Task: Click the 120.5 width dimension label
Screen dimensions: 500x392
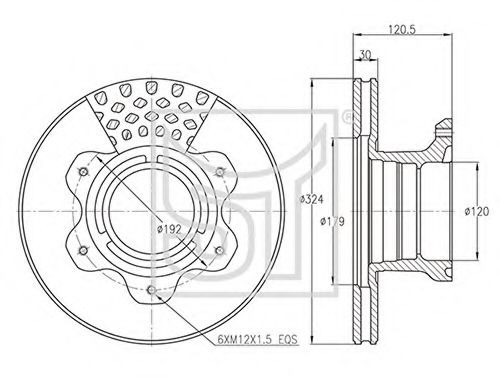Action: coord(402,29)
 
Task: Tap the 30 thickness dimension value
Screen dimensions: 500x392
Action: coord(366,55)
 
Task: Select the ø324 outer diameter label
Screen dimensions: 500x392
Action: coord(311,199)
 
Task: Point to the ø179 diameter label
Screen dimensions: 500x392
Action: coord(332,221)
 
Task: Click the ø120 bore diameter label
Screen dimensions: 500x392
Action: coord(477,211)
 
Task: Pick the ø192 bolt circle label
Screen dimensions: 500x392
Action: coord(170,229)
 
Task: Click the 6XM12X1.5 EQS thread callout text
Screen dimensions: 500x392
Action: coord(257,340)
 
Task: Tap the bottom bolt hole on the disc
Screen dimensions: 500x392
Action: coord(152,290)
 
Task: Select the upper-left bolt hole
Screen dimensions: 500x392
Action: coord(83,172)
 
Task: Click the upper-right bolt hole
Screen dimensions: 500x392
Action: coord(220,172)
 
